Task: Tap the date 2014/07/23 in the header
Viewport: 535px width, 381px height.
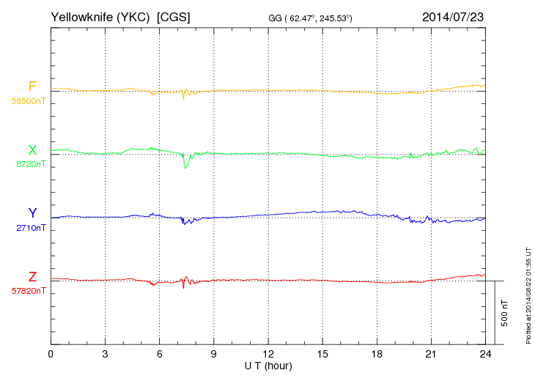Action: pos(452,15)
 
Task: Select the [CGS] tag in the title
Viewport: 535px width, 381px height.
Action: pos(174,15)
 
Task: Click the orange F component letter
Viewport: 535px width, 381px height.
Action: pos(32,86)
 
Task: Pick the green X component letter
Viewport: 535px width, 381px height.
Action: pos(32,150)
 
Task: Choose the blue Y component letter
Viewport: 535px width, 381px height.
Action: pos(32,213)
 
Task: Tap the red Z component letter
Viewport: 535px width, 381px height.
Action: pos(32,276)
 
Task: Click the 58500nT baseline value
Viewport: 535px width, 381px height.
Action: pos(29,101)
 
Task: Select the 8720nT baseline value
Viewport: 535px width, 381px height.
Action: pos(31,165)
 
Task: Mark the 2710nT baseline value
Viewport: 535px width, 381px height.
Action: pos(31,228)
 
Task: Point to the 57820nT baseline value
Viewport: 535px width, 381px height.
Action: pos(29,291)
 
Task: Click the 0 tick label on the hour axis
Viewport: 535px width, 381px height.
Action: pos(51,354)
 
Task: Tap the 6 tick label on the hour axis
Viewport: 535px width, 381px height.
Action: pos(159,354)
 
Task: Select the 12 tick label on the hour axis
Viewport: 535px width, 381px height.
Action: pos(267,354)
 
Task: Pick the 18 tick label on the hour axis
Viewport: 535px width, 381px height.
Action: pos(376,354)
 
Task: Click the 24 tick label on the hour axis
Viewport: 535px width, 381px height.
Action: pos(484,354)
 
